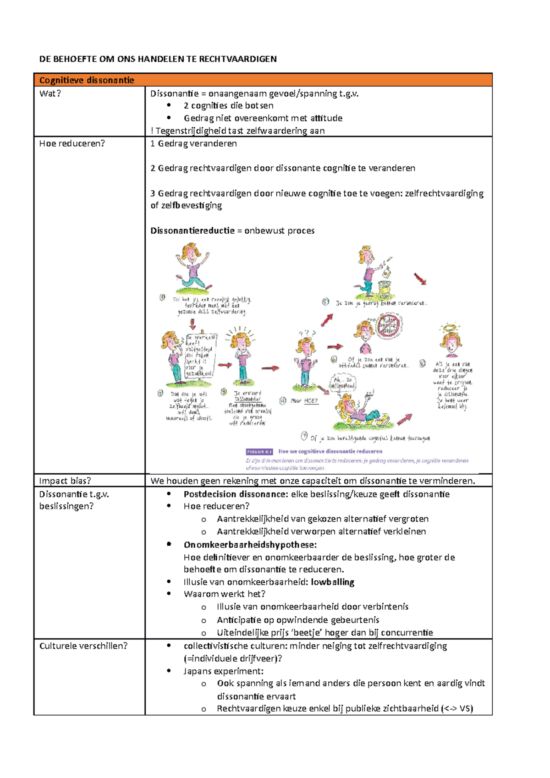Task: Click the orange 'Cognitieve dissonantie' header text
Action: click(87, 80)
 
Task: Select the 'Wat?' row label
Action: click(50, 93)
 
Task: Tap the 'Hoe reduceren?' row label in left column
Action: click(72, 143)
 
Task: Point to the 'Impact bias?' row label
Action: click(65, 481)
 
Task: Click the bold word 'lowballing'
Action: click(332, 582)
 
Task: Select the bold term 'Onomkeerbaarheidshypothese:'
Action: click(250, 545)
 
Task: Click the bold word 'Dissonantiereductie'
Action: click(192, 230)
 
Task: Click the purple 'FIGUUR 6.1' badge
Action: click(259, 451)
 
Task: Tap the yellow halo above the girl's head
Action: click(449, 328)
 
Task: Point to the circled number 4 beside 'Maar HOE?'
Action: click(283, 400)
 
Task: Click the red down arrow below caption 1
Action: click(192, 324)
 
